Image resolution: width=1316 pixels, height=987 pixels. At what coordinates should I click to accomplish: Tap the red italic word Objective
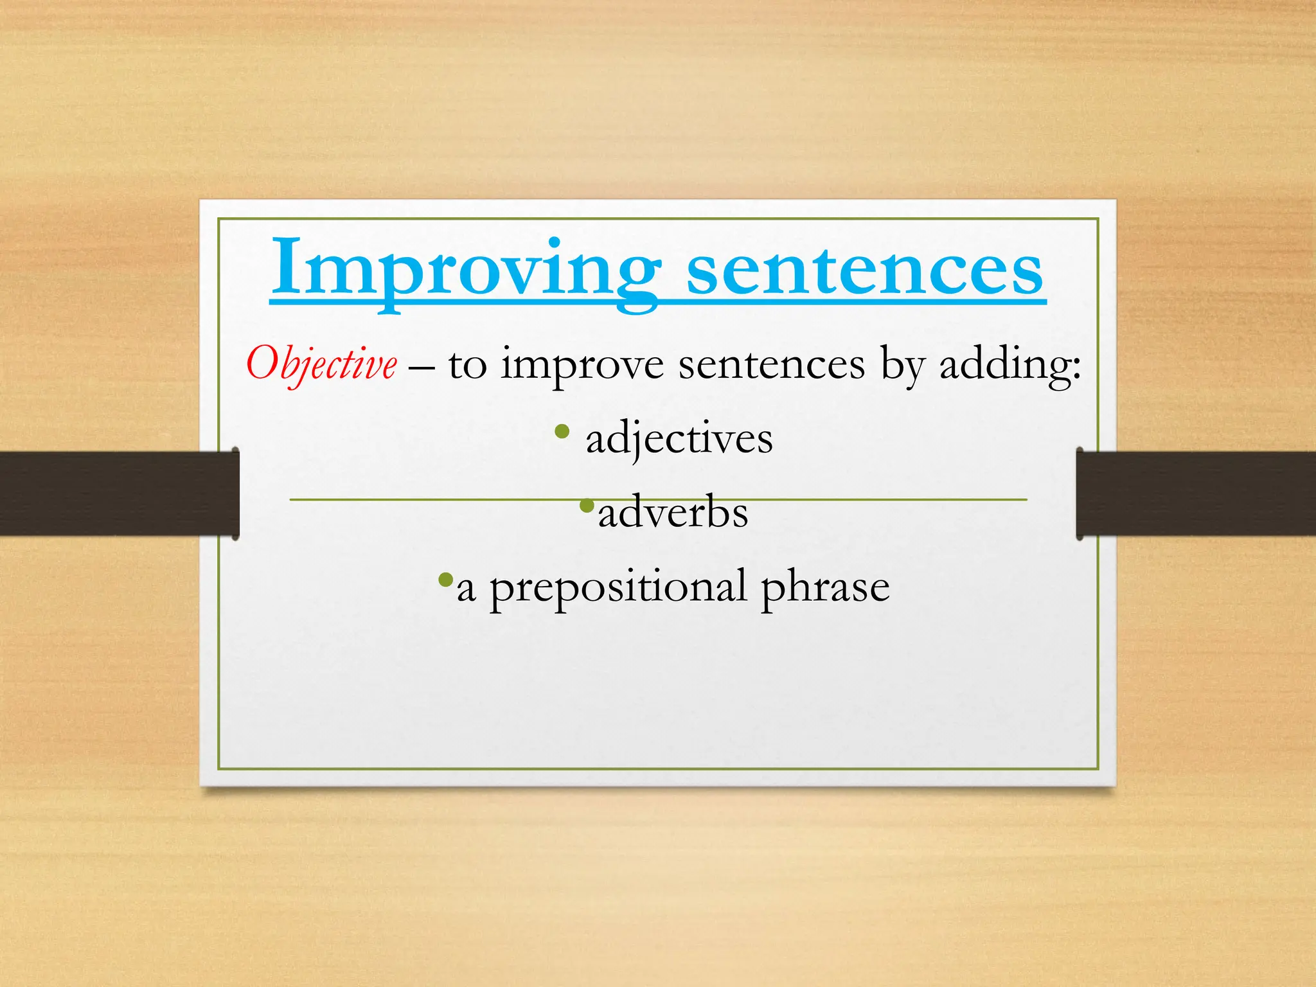[x=321, y=364]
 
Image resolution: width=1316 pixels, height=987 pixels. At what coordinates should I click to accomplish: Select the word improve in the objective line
[x=582, y=365]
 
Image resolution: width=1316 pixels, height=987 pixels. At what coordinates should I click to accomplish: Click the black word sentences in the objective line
[x=772, y=365]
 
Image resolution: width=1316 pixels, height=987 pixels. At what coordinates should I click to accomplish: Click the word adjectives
[x=679, y=439]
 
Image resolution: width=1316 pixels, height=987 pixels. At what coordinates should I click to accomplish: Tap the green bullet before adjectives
[x=562, y=432]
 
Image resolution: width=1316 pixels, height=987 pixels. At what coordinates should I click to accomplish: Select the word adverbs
[x=673, y=513]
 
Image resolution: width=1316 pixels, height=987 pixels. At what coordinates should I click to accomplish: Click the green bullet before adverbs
[x=586, y=506]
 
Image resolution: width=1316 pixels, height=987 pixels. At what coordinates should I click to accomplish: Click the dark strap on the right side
[x=1195, y=493]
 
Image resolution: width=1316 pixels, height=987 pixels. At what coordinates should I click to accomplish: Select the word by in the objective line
[x=902, y=366]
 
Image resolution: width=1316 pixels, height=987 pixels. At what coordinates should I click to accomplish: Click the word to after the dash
[x=467, y=366]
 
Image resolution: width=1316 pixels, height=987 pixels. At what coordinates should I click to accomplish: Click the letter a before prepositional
[x=466, y=590]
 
